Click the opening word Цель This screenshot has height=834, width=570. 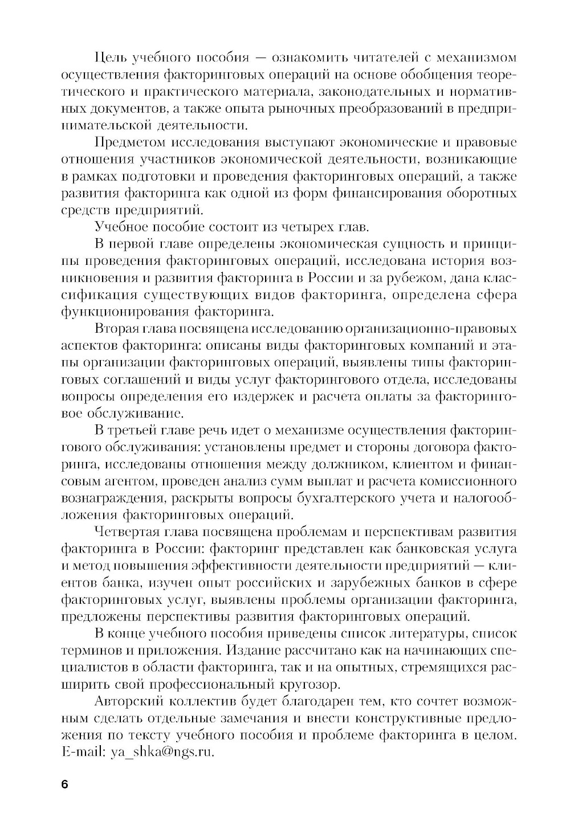point(109,58)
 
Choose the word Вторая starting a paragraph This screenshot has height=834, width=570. point(117,329)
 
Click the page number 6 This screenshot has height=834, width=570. point(64,784)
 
